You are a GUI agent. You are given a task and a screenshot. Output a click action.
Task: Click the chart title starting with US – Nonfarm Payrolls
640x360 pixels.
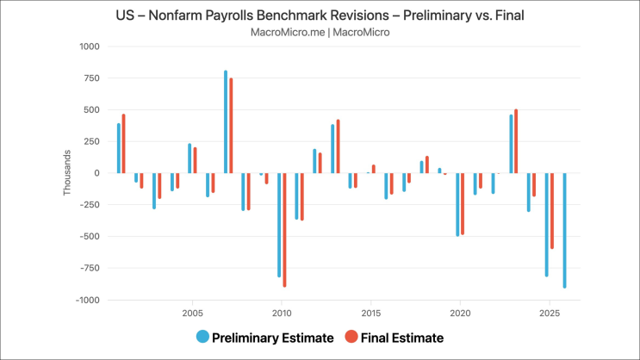click(x=320, y=16)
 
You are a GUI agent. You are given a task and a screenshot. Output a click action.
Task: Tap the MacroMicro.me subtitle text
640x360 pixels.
click(x=320, y=32)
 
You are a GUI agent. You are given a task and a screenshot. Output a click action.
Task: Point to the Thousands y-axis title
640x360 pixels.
click(x=66, y=173)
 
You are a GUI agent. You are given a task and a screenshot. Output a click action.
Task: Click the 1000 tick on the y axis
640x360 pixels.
click(x=90, y=47)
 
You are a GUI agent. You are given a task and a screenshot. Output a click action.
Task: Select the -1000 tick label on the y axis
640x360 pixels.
click(x=88, y=300)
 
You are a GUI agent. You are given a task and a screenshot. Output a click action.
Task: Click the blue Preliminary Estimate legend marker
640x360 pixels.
click(x=202, y=338)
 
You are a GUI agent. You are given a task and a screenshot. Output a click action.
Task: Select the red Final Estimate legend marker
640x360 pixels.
click(x=351, y=338)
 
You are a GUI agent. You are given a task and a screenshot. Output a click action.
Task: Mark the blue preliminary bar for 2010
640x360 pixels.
click(x=279, y=224)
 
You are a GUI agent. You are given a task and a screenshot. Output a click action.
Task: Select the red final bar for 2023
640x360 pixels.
click(x=516, y=141)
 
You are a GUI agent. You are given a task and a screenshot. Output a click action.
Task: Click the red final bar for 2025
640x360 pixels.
click(x=552, y=211)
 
